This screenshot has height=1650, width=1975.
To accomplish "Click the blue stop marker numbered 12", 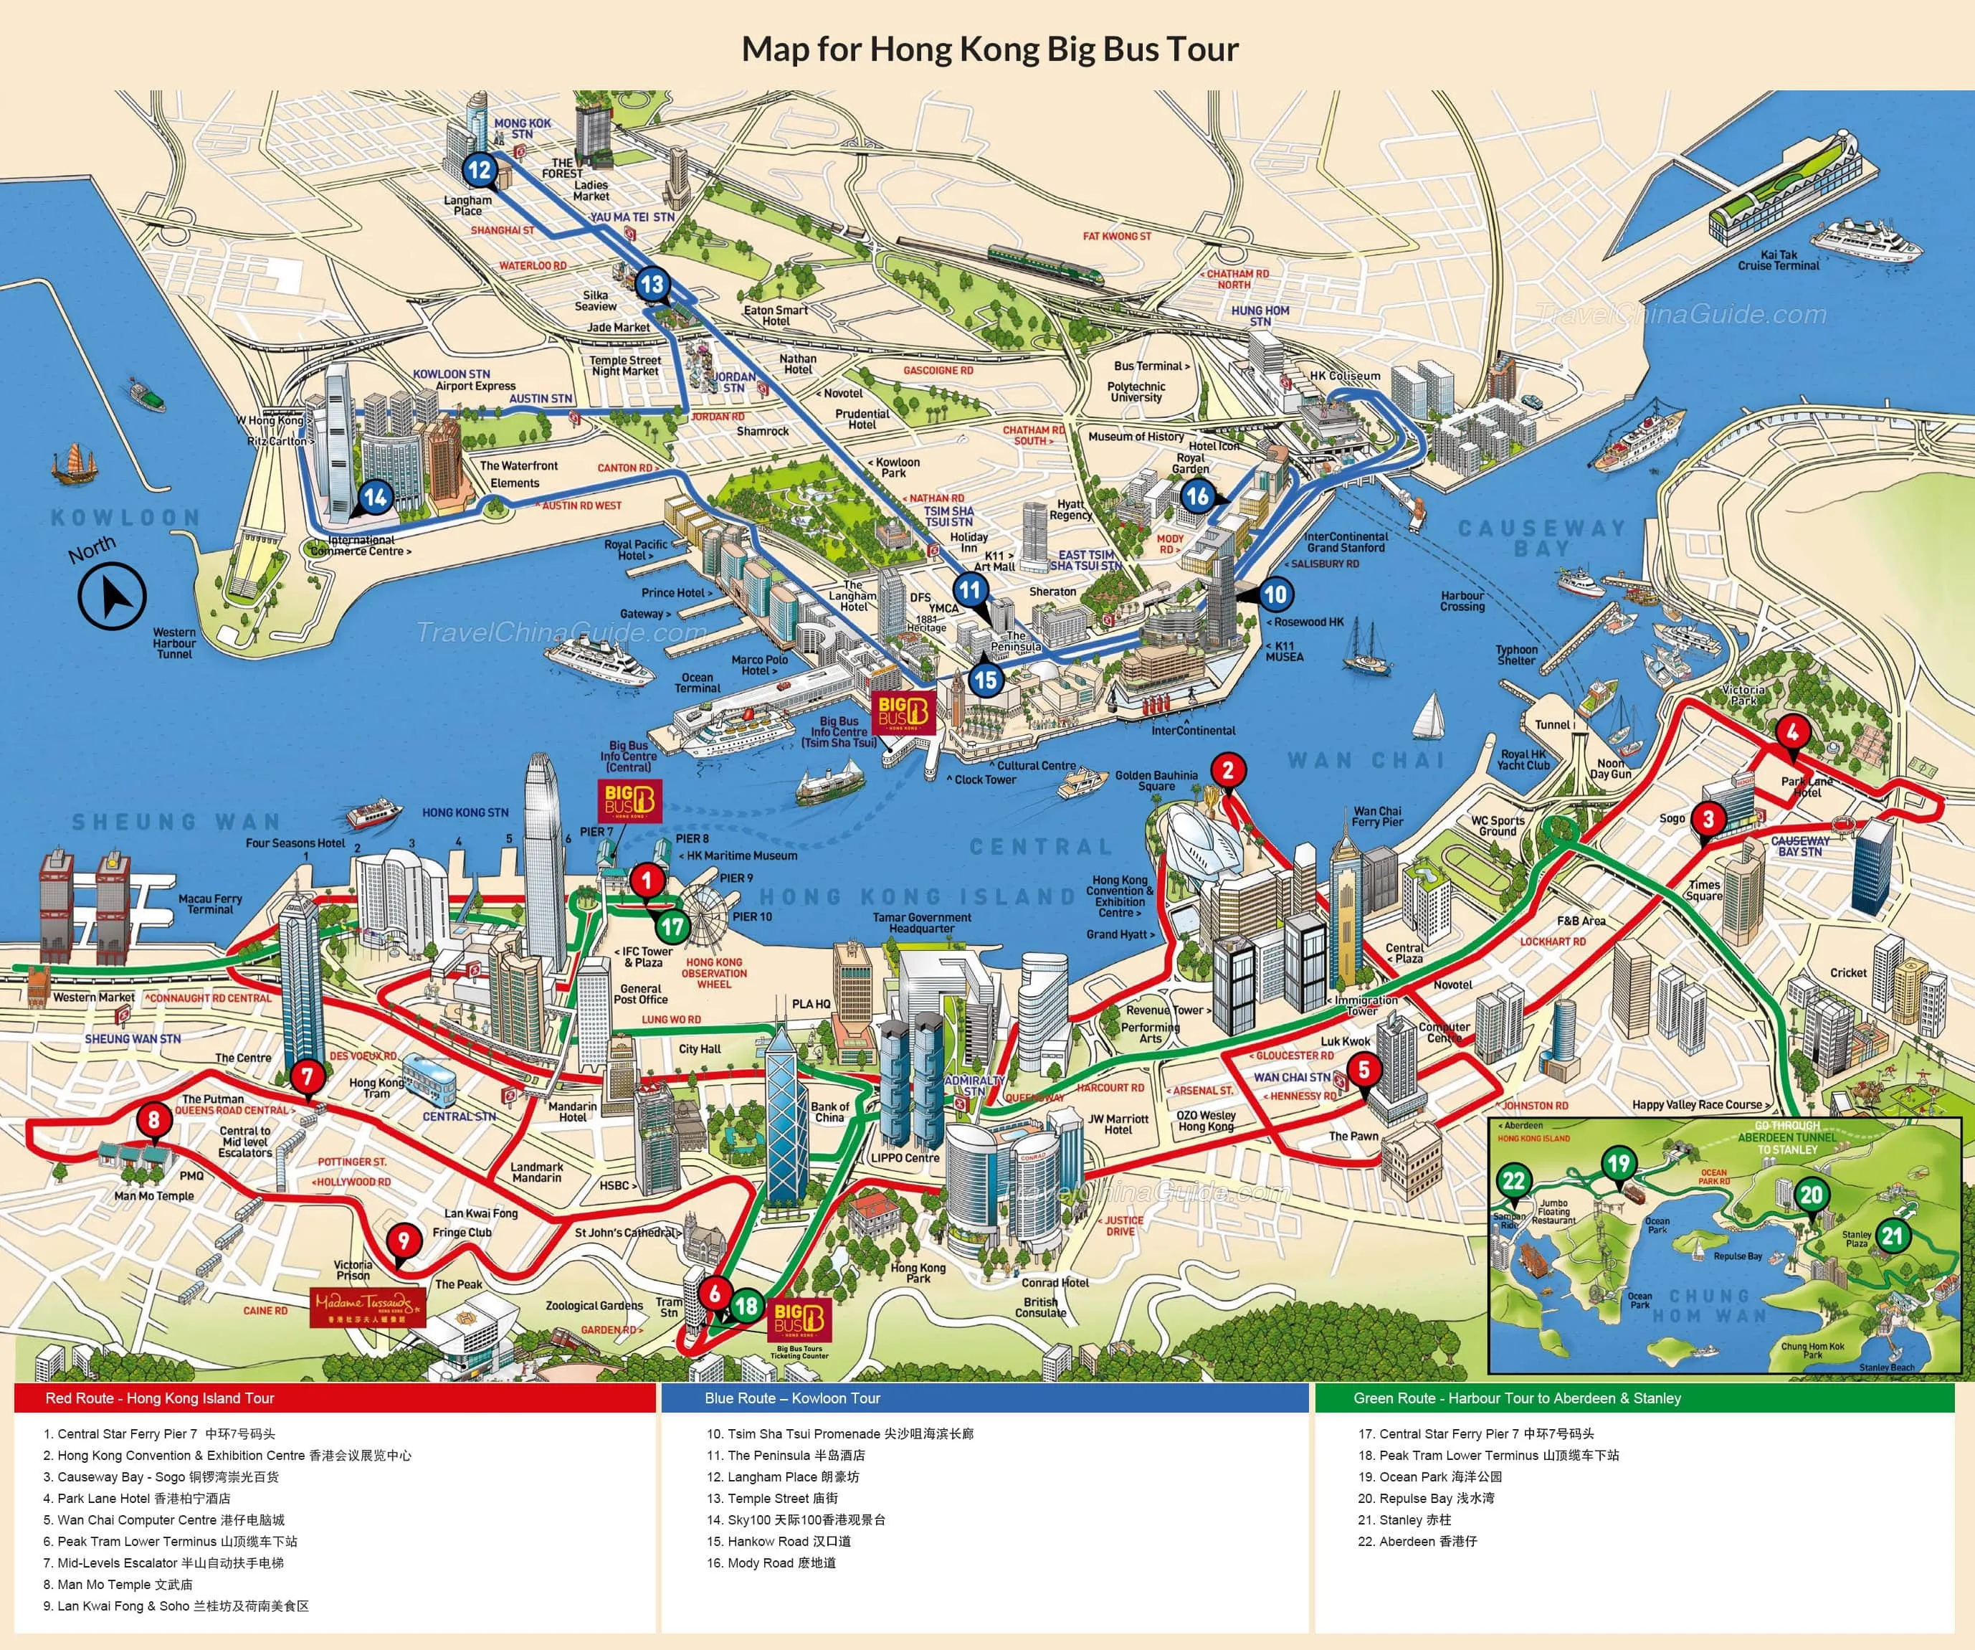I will [480, 169].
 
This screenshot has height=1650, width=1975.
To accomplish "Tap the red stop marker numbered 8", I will [154, 1119].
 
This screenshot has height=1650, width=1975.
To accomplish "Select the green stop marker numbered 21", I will [1893, 1235].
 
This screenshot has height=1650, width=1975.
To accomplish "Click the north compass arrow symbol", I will [112, 595].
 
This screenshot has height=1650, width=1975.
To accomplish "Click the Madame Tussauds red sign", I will [368, 1307].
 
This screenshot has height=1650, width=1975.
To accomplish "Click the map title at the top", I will [989, 49].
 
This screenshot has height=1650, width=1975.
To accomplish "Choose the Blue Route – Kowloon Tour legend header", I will [792, 1398].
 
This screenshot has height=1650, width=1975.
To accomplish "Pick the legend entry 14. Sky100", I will [796, 1519].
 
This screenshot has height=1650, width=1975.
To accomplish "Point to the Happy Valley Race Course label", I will [1703, 1104].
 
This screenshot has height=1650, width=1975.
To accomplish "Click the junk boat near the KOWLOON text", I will [73, 464].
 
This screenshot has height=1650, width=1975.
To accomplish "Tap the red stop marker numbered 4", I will [1791, 732].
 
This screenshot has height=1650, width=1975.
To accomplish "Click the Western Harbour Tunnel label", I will [174, 643].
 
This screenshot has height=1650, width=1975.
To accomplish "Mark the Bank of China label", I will [829, 1112].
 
